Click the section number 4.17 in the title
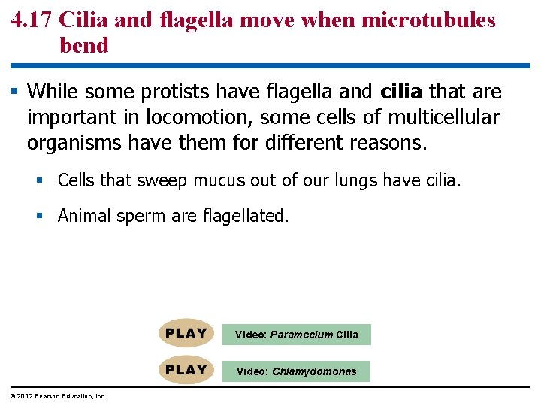(33, 20)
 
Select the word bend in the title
(84, 45)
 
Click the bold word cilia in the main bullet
(402, 92)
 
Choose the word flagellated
(245, 216)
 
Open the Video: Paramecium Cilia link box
(296, 335)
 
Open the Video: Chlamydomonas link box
(296, 371)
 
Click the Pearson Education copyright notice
(58, 396)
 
